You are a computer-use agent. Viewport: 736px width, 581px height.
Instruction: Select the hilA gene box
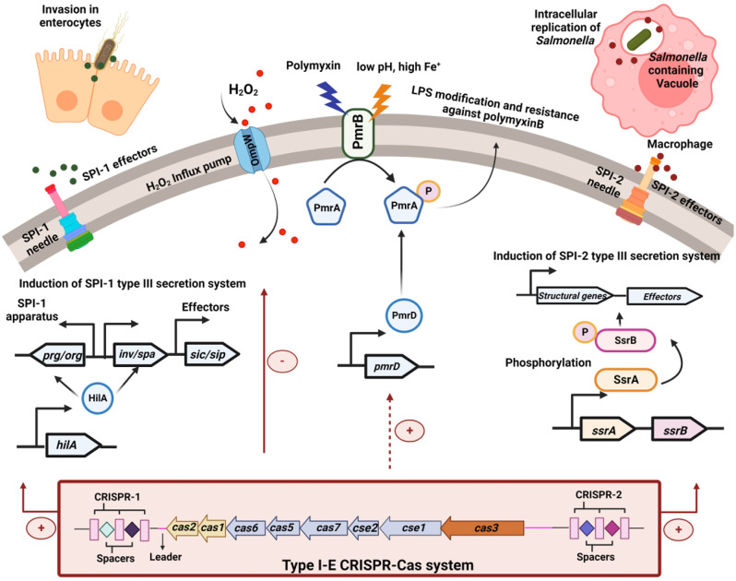[72, 445]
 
